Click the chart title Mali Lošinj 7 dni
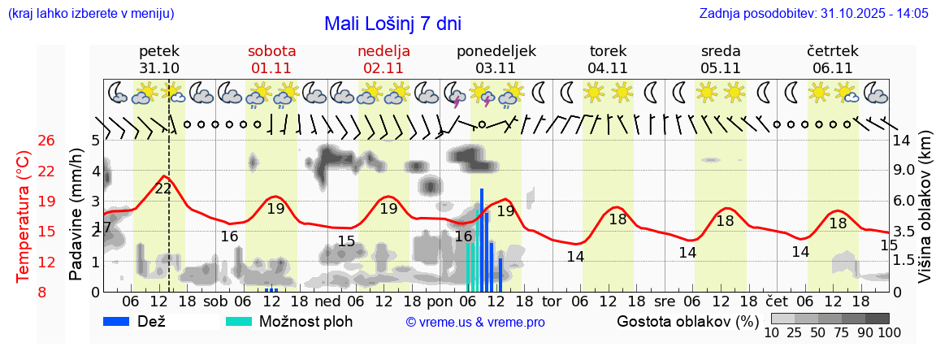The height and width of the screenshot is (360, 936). tap(392, 24)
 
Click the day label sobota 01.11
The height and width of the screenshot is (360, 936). tap(271, 59)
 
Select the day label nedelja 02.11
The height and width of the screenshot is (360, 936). tap(383, 59)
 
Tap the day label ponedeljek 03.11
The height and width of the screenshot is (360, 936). tap(496, 59)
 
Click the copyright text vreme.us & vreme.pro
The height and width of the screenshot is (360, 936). tap(474, 323)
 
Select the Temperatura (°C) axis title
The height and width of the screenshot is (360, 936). tap(24, 216)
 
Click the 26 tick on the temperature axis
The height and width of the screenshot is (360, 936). tap(46, 141)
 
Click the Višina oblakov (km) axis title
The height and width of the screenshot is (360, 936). tap(924, 216)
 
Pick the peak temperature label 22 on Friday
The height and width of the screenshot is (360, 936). tap(163, 189)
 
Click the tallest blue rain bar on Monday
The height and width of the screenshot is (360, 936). tap(482, 240)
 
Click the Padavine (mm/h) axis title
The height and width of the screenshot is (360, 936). tap(76, 215)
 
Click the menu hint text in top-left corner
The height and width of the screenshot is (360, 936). tap(89, 14)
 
